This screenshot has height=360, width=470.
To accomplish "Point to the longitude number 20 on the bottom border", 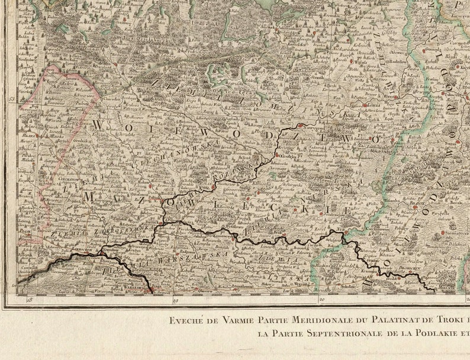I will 321,301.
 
